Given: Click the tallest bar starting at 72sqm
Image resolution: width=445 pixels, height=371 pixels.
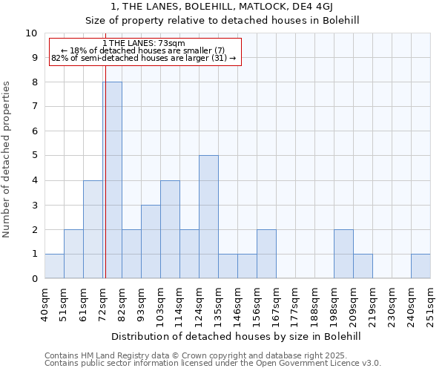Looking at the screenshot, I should (112, 180).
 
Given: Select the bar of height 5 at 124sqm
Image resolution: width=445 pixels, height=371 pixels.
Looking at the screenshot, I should (208, 217).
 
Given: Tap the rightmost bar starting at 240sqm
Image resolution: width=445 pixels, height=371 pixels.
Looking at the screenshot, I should (421, 266).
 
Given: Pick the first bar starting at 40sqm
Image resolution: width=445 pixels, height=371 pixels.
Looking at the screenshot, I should (54, 266).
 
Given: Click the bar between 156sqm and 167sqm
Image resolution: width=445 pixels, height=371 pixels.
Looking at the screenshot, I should (266, 254).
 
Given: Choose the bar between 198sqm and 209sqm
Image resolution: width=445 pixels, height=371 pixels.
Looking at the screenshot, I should (343, 254).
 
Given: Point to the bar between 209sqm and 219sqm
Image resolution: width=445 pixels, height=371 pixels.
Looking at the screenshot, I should (363, 266).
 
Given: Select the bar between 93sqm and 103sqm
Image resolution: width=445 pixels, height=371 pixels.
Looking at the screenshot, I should (151, 241).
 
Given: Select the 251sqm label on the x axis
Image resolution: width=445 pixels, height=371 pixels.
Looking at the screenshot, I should (430, 304).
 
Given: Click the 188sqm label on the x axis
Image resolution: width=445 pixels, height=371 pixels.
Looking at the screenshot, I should (314, 304).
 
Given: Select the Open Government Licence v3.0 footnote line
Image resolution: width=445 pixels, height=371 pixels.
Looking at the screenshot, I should (213, 364).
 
